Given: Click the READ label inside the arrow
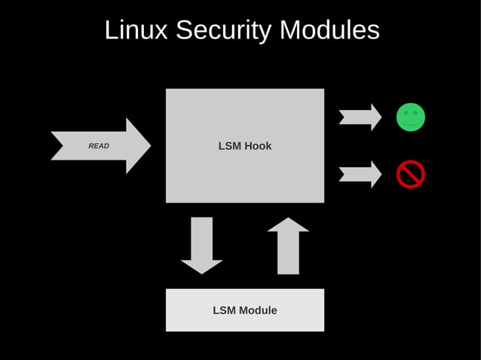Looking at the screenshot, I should (x=99, y=146).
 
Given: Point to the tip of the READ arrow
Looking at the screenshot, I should (x=149, y=145).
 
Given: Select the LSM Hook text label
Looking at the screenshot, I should (x=245, y=146).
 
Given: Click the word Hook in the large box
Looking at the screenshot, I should (x=258, y=146).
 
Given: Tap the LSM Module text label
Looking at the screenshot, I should (x=245, y=310).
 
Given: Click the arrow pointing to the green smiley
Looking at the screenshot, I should (x=360, y=117).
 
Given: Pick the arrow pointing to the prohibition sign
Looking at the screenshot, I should (x=360, y=174).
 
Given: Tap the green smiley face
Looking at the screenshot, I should (x=411, y=117).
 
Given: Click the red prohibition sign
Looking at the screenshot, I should (x=411, y=174).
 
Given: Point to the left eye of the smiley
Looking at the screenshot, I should (x=406, y=113).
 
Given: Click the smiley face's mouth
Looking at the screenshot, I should (x=411, y=124).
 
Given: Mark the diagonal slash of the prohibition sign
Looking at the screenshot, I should (x=411, y=174).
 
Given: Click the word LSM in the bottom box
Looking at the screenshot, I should (x=225, y=310).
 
